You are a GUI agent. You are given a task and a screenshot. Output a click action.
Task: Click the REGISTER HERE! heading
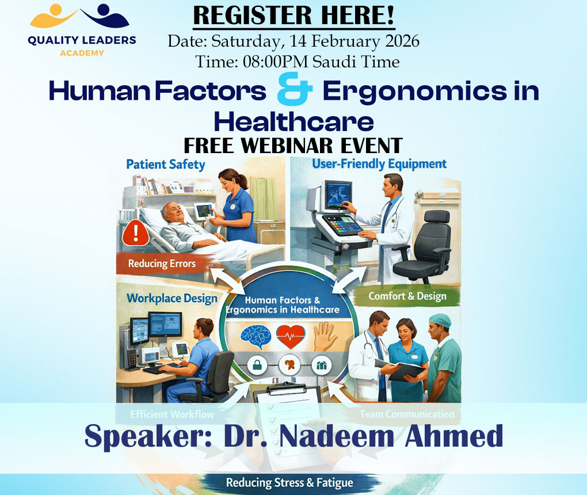point(293,16)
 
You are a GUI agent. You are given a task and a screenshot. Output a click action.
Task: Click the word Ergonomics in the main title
point(416,92)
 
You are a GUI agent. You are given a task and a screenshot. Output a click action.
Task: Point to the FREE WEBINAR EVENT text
point(293,145)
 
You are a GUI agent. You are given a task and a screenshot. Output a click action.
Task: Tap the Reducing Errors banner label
point(162,264)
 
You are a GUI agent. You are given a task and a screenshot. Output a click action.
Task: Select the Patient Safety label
point(165,165)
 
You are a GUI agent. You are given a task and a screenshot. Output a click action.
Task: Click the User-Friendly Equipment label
point(379,164)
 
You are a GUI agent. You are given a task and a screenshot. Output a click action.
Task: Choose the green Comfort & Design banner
point(407,296)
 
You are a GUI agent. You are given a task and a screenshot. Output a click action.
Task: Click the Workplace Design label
point(172,298)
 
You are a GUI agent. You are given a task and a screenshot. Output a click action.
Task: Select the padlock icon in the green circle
point(254,365)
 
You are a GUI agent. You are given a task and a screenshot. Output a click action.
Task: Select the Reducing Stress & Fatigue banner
point(289,482)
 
